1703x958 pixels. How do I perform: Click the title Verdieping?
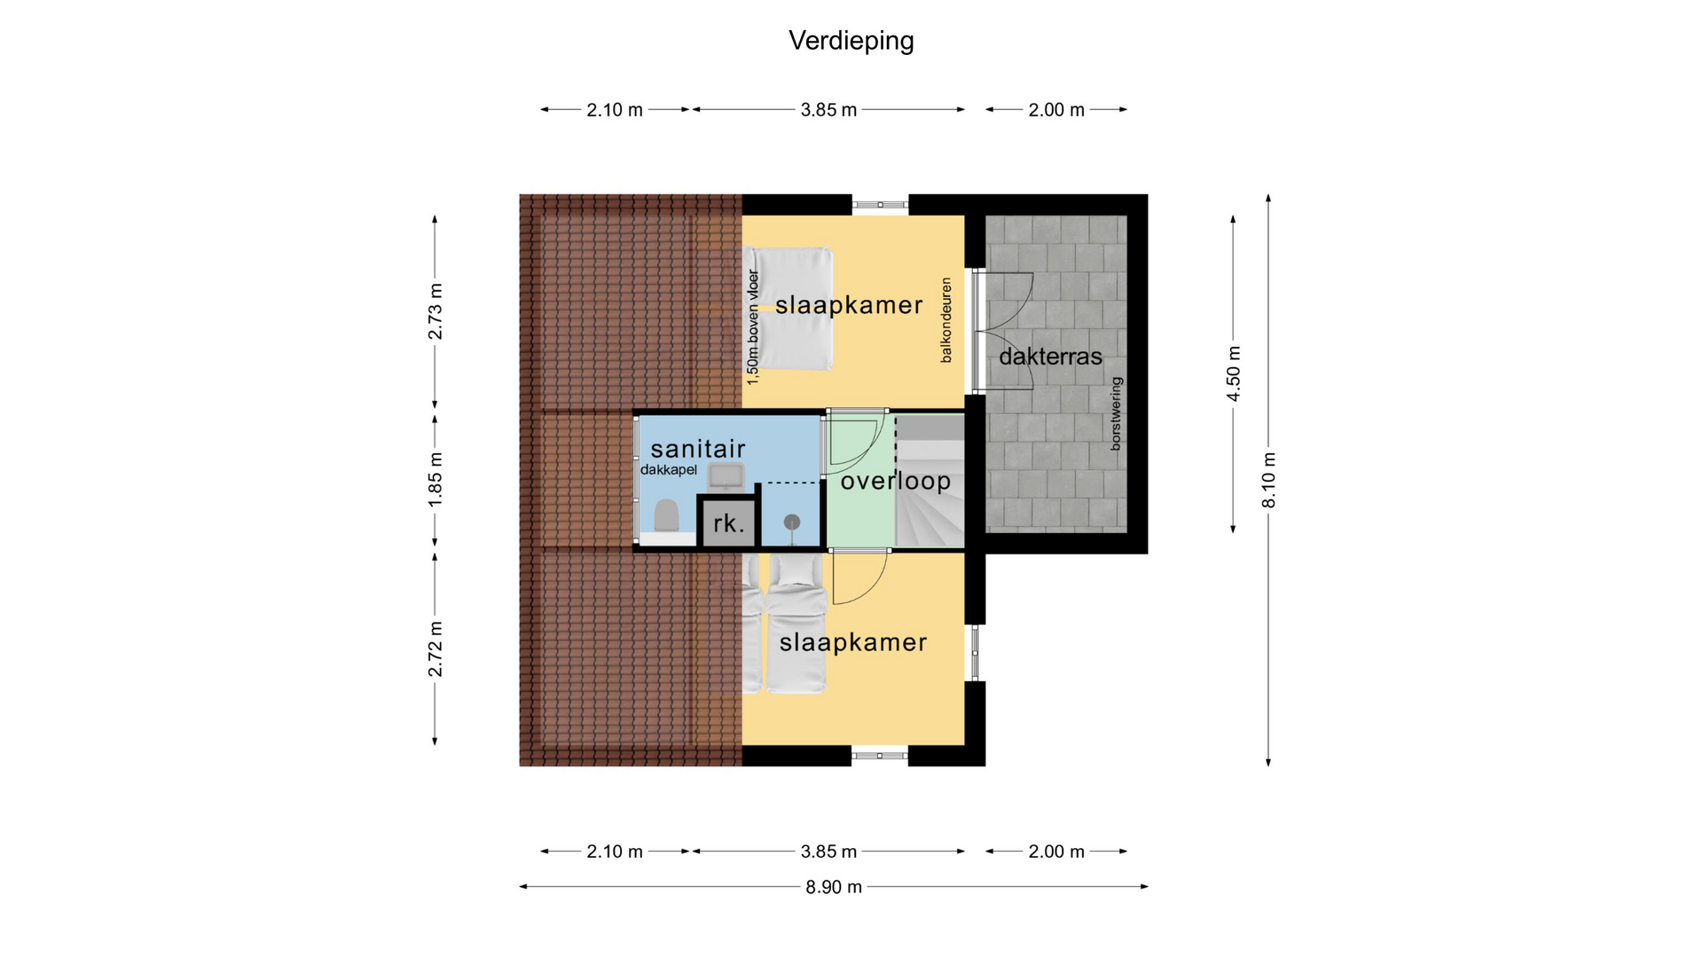(x=851, y=41)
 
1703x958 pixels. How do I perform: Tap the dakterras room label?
(x=1050, y=357)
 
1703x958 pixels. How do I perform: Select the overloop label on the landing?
(x=895, y=481)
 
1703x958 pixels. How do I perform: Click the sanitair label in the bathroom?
(x=698, y=449)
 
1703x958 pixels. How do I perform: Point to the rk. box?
(x=728, y=522)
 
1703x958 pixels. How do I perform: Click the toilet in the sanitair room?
(x=666, y=515)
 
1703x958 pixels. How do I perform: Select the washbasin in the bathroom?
(x=726, y=476)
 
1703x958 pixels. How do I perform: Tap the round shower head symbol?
(x=792, y=522)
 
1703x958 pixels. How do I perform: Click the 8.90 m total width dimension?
(x=834, y=887)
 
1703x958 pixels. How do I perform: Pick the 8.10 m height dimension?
(x=1269, y=480)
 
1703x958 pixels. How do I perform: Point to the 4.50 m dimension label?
(x=1234, y=373)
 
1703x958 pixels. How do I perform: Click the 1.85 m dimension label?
(x=436, y=480)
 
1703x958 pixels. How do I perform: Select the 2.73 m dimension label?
(x=436, y=311)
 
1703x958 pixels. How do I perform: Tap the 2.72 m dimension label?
(x=436, y=648)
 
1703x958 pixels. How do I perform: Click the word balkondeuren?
(x=946, y=320)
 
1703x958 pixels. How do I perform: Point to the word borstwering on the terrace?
(x=1116, y=413)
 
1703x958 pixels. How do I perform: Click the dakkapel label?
(x=669, y=470)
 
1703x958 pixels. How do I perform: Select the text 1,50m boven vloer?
(x=753, y=327)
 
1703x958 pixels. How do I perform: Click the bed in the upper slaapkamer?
(x=789, y=309)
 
